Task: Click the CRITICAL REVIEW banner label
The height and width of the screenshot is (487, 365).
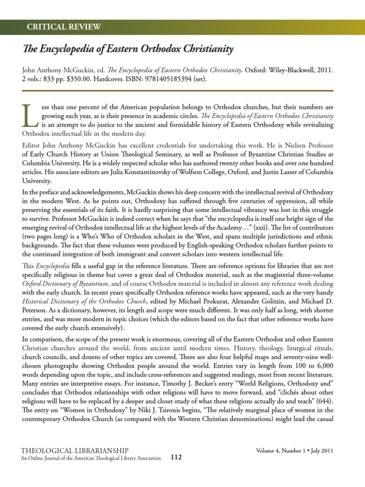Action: (64, 27)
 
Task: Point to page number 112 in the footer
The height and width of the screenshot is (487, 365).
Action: (176, 458)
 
